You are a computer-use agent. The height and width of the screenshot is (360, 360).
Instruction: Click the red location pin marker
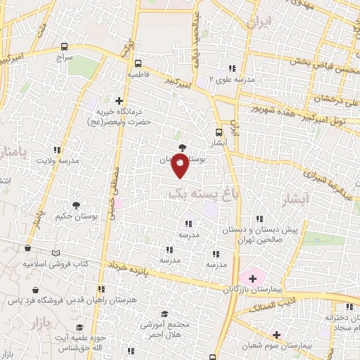pos(181,167)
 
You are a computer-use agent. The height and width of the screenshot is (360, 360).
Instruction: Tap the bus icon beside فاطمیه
pos(137,62)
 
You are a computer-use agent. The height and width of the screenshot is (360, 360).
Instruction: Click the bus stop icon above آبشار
pos(219,131)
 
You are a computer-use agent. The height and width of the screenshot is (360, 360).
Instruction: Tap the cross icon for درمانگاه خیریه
pos(118,101)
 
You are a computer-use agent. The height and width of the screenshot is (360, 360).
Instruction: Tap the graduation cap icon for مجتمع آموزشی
pos(165,314)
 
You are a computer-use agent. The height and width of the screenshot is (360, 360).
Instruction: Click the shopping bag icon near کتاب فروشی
pos(27,247)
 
